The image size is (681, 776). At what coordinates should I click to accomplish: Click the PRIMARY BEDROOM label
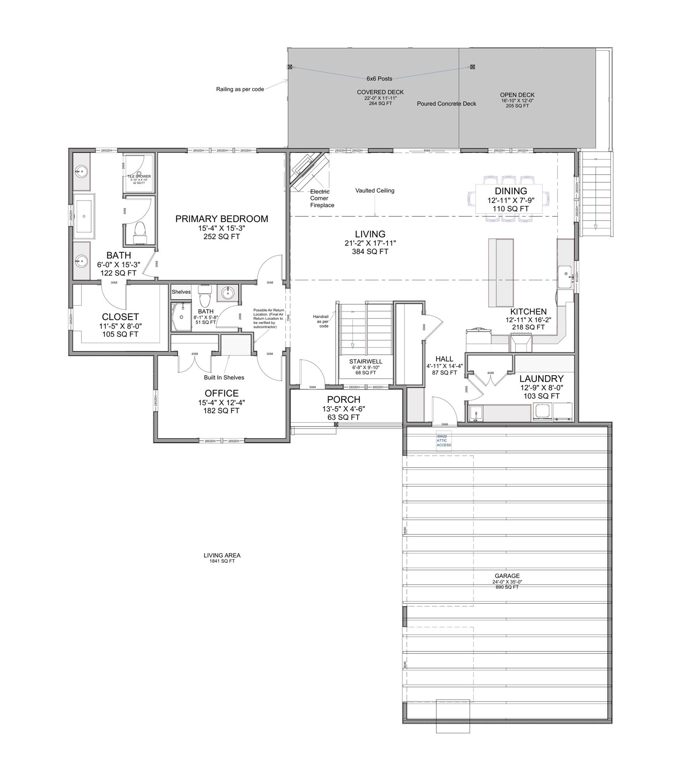221,219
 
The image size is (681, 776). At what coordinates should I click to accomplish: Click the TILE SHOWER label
139,177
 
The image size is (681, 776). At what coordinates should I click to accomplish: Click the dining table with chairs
510,198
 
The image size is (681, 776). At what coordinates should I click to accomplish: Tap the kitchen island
501,272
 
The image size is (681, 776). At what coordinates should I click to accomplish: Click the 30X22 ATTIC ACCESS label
444,440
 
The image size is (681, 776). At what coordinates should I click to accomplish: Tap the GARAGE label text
507,576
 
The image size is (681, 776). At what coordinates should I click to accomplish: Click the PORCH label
344,399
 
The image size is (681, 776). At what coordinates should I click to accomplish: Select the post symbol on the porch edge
336,424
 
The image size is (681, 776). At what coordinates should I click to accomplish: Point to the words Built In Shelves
224,377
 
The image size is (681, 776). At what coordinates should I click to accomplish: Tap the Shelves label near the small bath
181,292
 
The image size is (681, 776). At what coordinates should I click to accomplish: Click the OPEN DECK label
517,95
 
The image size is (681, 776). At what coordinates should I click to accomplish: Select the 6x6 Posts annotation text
379,79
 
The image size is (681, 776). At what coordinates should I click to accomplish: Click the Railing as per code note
240,89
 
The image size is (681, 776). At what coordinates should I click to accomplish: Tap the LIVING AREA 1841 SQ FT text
222,558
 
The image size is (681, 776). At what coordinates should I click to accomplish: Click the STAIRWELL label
365,361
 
